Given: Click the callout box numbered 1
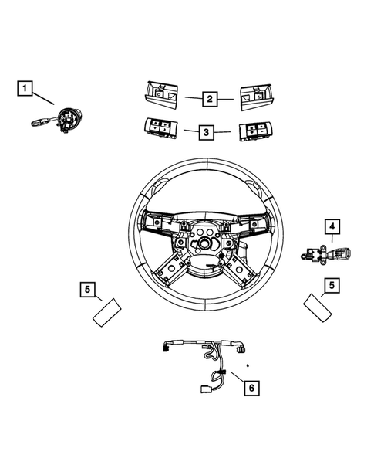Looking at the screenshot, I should (25, 90).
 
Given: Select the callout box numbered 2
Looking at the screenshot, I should (209, 99).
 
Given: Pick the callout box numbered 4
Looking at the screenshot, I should (332, 226).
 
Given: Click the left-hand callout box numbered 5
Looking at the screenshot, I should (89, 290).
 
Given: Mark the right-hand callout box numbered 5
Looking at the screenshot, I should (331, 286).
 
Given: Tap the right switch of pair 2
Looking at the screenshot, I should (257, 98).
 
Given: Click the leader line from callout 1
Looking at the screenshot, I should (43, 98).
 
